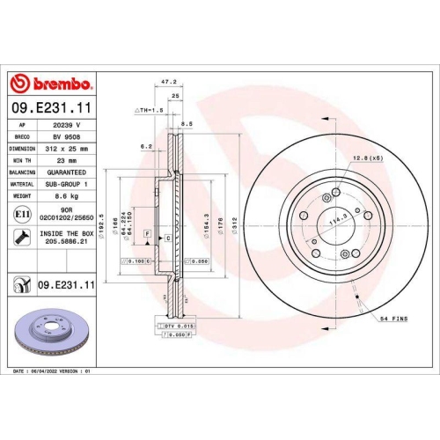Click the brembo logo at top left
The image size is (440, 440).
(51, 84)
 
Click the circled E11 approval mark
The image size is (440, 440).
(20, 214)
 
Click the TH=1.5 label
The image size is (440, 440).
(150, 110)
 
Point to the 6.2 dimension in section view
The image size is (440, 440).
(146, 147)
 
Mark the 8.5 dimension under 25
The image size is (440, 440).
(186, 124)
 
